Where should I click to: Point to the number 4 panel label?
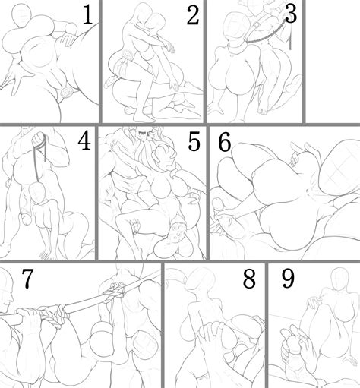pos(84,141)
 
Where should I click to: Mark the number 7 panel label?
pos(26,279)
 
